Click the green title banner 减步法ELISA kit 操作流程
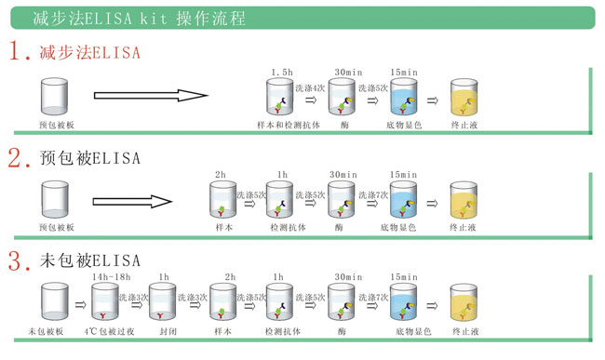[302, 18]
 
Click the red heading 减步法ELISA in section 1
[90, 52]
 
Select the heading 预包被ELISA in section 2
[90, 158]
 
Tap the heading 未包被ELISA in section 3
[90, 260]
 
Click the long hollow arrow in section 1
[151, 95]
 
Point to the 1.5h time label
[282, 72]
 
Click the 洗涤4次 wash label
[310, 88]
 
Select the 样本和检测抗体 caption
[289, 125]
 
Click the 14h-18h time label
[112, 277]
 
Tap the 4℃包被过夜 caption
[109, 331]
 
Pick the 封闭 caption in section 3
[168, 331]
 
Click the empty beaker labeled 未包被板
[55, 301]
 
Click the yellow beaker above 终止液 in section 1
[464, 97]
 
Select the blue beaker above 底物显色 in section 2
[403, 200]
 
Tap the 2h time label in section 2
[221, 175]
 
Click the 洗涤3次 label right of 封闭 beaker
[193, 297]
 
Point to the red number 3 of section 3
[15, 261]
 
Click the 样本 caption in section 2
[224, 227]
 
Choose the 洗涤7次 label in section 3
[373, 297]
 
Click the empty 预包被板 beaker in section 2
[55, 199]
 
